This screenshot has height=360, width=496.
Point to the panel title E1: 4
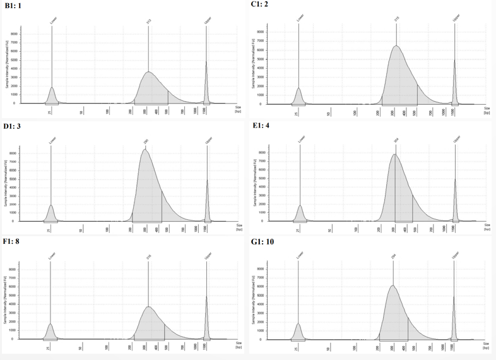[x=261, y=126]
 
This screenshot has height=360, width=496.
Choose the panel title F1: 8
[x=13, y=242]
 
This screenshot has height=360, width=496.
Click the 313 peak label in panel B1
[x=149, y=21]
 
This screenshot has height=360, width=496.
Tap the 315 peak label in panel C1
[x=396, y=20]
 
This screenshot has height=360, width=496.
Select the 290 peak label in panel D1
[x=146, y=143]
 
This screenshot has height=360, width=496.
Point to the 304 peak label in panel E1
[x=396, y=141]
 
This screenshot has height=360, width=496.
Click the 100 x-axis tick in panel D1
[x=108, y=229]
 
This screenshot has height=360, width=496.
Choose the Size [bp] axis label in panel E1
[x=487, y=227]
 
